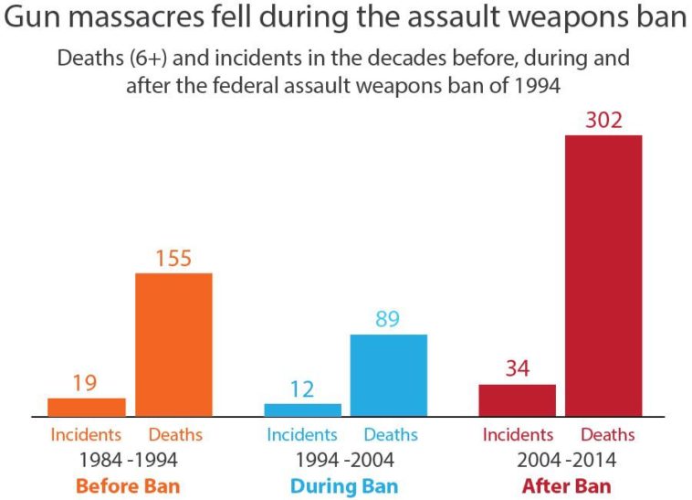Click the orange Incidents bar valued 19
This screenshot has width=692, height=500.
tap(87, 407)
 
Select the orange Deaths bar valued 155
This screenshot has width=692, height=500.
tap(173, 345)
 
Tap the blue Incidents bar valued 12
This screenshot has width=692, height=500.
tap(302, 410)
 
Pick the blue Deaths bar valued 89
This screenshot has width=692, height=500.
tap(388, 375)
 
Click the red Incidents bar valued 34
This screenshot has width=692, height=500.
tap(518, 399)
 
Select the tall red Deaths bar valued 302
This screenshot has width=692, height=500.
tap(603, 275)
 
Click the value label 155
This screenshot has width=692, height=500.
tap(173, 259)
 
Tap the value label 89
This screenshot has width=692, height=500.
tap(388, 320)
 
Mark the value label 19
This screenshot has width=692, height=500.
tap(85, 384)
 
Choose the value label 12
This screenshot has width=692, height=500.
tap(302, 389)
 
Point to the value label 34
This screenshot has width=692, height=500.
tap(518, 370)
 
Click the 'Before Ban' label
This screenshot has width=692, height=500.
tap(128, 485)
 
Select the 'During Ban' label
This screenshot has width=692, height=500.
tap(344, 485)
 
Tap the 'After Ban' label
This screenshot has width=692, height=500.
tap(566, 485)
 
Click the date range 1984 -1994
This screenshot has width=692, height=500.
tap(128, 459)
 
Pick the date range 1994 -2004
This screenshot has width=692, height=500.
tap(344, 459)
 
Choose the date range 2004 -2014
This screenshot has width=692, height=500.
tap(566, 459)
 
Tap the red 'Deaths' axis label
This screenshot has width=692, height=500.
tap(607, 434)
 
